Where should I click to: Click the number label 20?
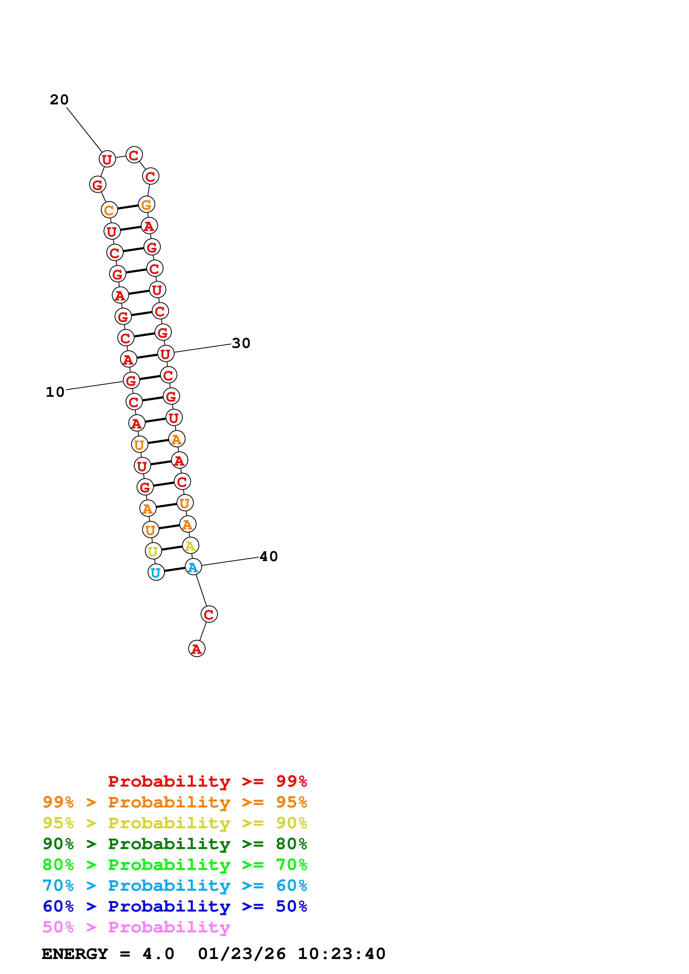(x=59, y=100)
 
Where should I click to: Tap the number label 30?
(x=241, y=343)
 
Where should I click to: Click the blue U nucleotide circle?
(x=156, y=572)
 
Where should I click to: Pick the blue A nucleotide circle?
(x=193, y=567)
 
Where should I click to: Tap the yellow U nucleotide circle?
(x=153, y=551)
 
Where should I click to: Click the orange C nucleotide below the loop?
(x=110, y=210)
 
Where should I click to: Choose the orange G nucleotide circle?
(x=146, y=204)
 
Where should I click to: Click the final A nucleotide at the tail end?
(x=196, y=649)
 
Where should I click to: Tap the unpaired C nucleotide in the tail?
(x=209, y=614)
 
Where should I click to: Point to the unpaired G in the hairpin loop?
(x=98, y=185)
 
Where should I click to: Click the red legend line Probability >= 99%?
(x=207, y=781)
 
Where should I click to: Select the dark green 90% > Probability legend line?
(x=175, y=844)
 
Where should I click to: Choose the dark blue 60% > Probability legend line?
(x=175, y=906)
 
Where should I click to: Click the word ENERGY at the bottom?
(x=75, y=954)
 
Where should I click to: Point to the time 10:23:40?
(x=341, y=954)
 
